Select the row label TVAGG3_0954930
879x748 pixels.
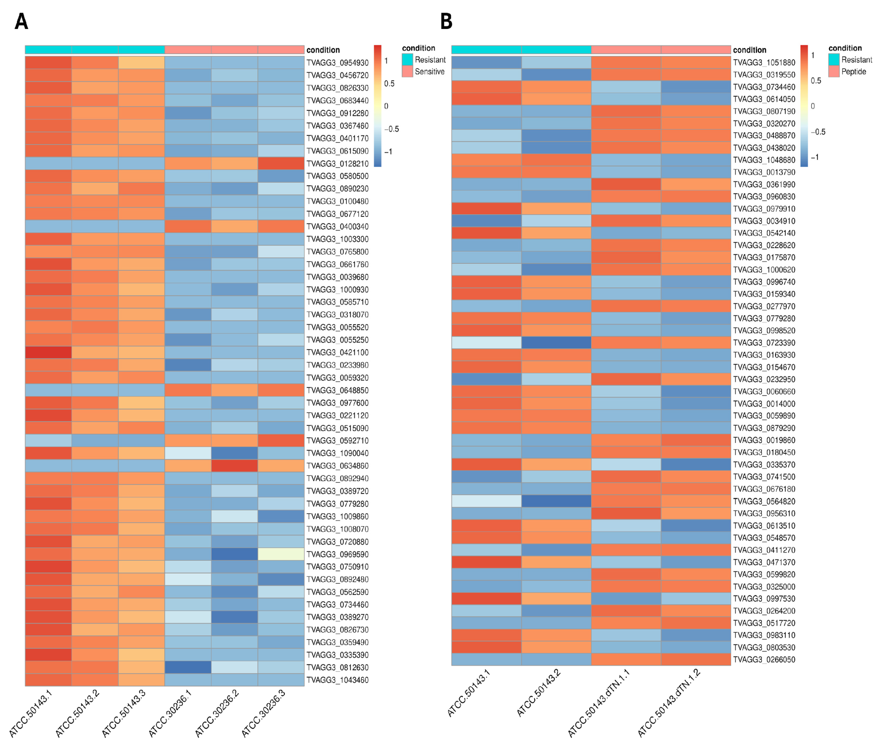(338, 63)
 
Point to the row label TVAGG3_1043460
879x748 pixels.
(338, 680)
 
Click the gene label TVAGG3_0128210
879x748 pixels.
(338, 164)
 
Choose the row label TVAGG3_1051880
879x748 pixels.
(764, 62)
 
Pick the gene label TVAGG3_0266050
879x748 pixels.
(764, 659)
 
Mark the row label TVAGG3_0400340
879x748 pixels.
(338, 226)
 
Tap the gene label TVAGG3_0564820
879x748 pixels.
(764, 501)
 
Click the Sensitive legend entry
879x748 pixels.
(429, 72)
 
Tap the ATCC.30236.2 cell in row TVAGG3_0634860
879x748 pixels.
(234, 466)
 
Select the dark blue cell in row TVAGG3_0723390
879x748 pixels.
(556, 343)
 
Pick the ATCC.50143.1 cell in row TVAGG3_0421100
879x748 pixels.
(48, 352)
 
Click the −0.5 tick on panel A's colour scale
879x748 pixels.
(391, 129)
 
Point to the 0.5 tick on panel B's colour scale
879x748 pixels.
(816, 81)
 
